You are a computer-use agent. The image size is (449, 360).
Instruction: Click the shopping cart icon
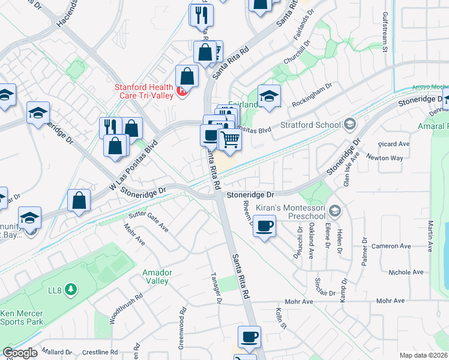pyautogui.click(x=230, y=140)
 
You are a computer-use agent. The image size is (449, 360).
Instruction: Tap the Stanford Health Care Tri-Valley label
pyautogui.click(x=144, y=91)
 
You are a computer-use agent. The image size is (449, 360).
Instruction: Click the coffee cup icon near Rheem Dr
pyautogui.click(x=264, y=227)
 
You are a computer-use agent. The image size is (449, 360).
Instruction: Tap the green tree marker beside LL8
pyautogui.click(x=71, y=290)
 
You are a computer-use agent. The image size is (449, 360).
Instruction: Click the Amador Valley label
pyautogui.click(x=157, y=277)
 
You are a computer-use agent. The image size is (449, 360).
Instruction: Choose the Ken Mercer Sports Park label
pyautogui.click(x=22, y=317)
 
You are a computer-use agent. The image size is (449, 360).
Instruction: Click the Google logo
pyautogui.click(x=20, y=353)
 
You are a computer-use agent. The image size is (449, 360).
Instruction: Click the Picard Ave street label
pyautogui.click(x=394, y=144)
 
